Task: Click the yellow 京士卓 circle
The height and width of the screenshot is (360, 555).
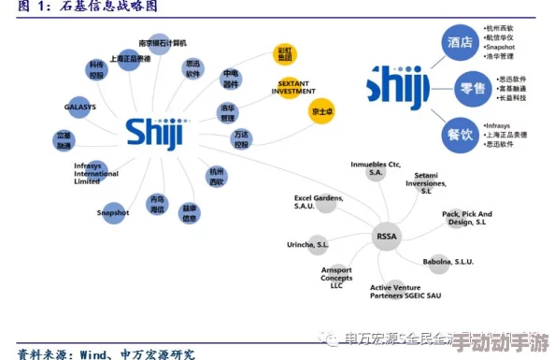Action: [x=321, y=111]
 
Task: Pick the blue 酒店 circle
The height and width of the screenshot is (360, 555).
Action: [x=459, y=42]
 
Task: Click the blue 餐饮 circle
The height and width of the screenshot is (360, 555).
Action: [x=459, y=134]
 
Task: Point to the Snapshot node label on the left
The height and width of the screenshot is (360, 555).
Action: [x=111, y=212]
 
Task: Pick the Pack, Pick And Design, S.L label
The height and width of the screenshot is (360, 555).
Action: [x=466, y=218]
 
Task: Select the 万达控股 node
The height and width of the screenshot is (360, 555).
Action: [x=242, y=140]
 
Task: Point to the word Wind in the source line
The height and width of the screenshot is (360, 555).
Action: [x=96, y=353]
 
